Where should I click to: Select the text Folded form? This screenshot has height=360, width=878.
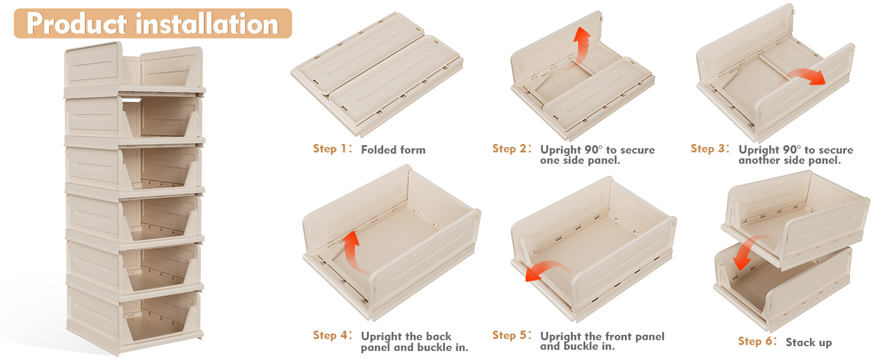(393, 150)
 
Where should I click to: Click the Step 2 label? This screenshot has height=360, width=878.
(512, 149)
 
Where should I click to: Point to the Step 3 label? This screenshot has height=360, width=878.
(711, 149)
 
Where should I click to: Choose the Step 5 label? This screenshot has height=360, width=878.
(512, 335)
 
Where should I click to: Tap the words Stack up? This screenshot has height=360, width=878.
(808, 343)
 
